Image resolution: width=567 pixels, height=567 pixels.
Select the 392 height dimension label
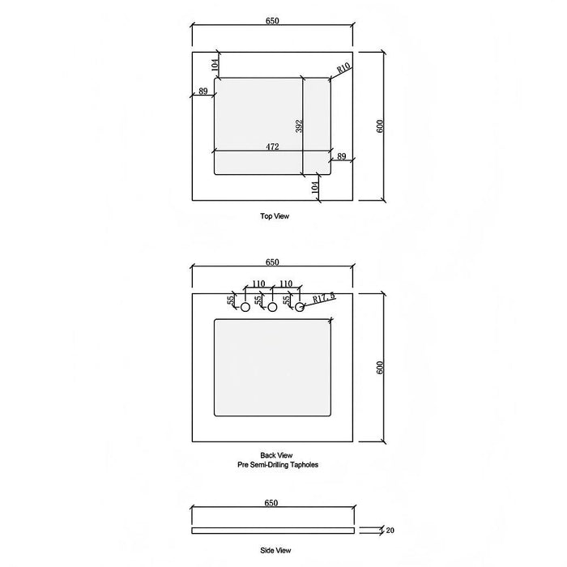click(299, 126)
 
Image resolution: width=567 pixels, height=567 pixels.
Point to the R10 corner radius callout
click(343, 70)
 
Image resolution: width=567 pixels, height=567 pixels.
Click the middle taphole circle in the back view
click(272, 308)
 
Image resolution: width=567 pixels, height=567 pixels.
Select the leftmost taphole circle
click(245, 308)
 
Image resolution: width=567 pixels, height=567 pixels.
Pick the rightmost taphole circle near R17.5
click(299, 308)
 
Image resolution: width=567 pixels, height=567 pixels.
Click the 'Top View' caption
click(274, 216)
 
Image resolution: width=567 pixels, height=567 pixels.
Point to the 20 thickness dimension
click(391, 531)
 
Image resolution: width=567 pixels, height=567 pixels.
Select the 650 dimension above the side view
click(271, 503)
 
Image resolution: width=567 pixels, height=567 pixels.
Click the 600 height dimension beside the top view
click(380, 126)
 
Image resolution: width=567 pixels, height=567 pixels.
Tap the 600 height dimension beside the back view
click(380, 367)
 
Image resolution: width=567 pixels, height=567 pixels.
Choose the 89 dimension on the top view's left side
click(202, 92)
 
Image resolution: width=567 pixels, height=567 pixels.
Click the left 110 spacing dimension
click(258, 284)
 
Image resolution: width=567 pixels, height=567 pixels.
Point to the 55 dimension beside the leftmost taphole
click(232, 300)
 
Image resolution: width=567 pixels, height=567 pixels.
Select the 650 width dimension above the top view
click(271, 21)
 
